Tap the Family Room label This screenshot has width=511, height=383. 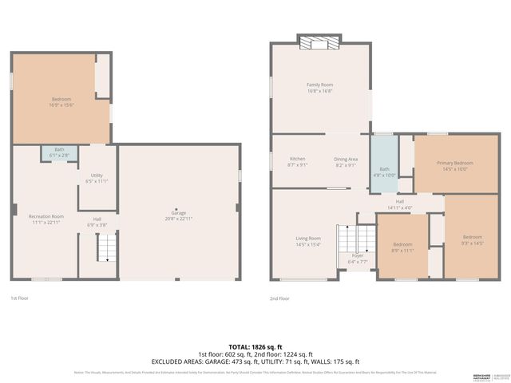tap(319, 87)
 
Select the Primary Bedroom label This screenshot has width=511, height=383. tap(454, 166)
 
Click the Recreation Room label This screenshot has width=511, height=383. tap(46, 219)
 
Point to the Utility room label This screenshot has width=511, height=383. tap(96, 178)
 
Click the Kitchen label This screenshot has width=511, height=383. tap(297, 162)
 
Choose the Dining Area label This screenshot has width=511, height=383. tap(346, 162)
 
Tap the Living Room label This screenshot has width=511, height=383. tap(308, 241)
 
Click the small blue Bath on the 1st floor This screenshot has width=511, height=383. tap(59, 152)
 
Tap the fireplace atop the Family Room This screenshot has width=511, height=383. tap(319, 42)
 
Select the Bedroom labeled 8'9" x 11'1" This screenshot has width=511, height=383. tap(402, 247)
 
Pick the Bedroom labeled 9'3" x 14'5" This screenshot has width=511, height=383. tap(472, 239)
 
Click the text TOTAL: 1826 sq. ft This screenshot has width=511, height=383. tap(255, 346)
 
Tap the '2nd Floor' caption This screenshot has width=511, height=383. tap(279, 298)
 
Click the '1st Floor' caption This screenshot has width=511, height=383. tap(20, 298)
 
